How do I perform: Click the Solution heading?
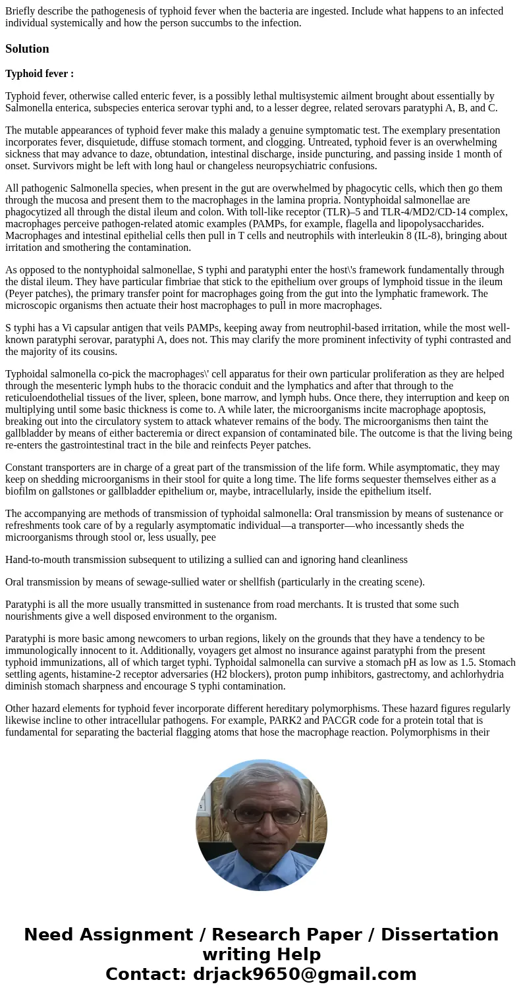click(x=27, y=49)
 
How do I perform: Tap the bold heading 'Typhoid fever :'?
click(x=40, y=74)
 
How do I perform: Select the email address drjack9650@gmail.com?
click(x=305, y=975)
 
